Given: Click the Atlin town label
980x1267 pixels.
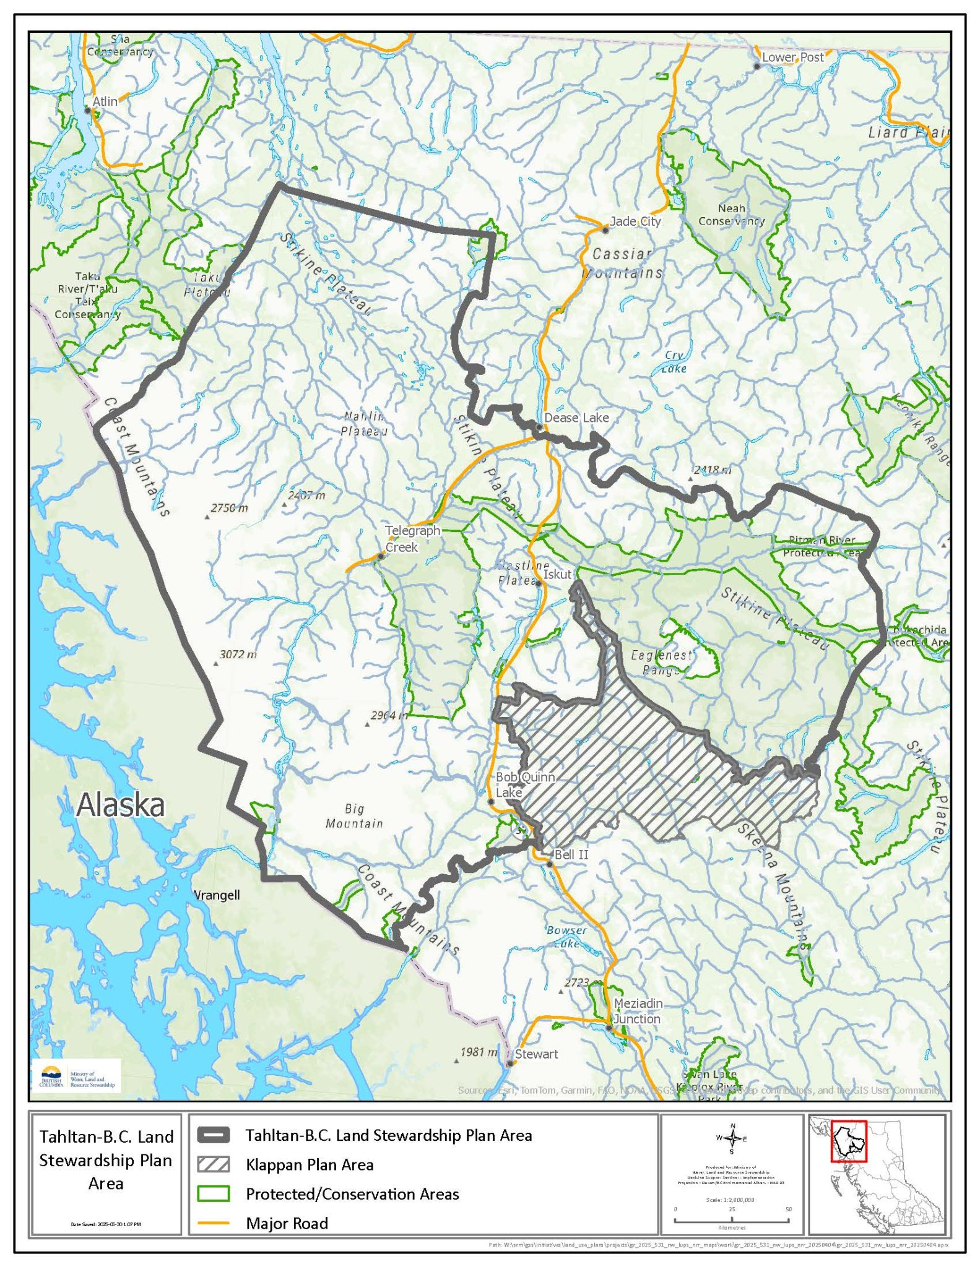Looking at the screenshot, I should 105,101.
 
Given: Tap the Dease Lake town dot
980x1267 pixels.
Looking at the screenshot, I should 539,427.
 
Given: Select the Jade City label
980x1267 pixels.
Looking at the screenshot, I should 635,221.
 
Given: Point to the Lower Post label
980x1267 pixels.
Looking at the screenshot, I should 792,58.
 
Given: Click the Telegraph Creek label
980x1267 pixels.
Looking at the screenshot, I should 412,539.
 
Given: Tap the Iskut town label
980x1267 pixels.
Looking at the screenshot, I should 557,574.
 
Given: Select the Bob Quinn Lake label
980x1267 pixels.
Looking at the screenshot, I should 525,784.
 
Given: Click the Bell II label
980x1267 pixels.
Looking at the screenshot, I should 571,855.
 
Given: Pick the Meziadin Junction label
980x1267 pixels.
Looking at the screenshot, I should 638,1011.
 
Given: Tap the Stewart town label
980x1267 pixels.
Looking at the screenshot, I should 536,1054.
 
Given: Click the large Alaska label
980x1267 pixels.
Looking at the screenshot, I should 121,805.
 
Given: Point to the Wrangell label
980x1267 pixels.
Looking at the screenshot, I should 217,895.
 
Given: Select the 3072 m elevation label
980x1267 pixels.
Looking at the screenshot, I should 238,655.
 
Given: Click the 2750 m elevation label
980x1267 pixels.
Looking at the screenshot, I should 229,508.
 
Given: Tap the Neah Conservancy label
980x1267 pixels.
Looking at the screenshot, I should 731,215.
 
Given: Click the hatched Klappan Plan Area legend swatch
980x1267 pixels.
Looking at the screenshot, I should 214,1165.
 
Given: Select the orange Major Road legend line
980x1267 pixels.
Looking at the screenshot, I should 214,1223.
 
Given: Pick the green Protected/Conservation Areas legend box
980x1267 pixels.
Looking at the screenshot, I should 214,1194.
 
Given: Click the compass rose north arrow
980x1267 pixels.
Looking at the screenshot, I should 732,1137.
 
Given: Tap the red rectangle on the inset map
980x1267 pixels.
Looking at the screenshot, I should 849,1141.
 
